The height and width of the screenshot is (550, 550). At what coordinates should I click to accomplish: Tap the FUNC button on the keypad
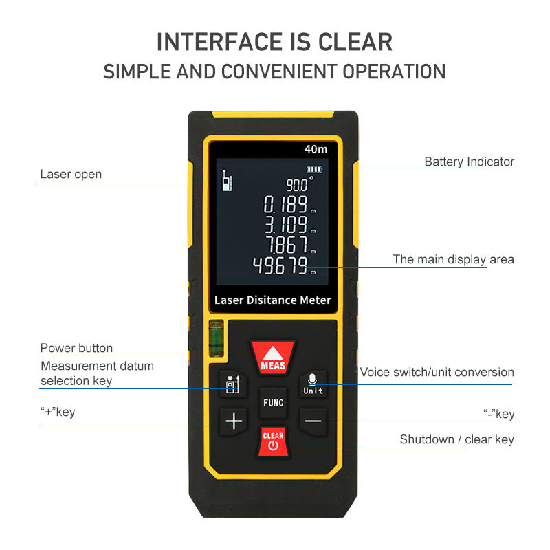coord(272,403)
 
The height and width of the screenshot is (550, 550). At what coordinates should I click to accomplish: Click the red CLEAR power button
coord(273,441)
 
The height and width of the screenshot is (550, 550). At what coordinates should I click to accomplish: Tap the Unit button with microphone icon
coord(313,384)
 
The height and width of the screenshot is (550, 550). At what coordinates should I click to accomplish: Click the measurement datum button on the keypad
coord(232,384)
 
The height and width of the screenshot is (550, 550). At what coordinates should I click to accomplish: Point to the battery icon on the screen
coord(314,169)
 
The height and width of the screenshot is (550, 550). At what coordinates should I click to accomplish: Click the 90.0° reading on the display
coord(298,184)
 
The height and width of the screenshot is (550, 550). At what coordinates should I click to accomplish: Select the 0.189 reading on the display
coord(286,204)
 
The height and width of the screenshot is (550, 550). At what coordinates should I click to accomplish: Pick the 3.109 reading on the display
coord(286,224)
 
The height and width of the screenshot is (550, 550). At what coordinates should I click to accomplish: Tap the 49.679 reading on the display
coord(280,265)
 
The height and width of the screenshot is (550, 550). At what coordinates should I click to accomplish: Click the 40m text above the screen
coord(316,148)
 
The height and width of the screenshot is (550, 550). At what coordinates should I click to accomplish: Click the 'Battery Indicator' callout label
coord(469,162)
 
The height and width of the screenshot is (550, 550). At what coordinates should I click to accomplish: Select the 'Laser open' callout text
coord(71,175)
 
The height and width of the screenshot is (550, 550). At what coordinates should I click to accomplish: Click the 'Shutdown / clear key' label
coord(456,439)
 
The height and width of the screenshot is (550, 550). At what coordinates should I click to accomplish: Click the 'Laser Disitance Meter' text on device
coord(272,300)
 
